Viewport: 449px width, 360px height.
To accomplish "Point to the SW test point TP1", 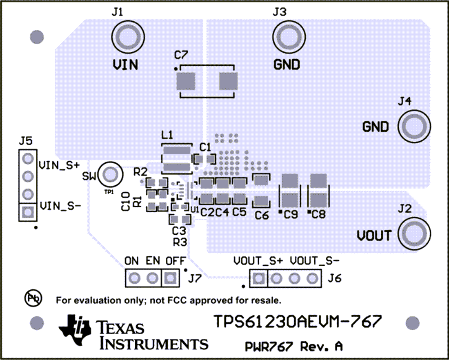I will point(109,174).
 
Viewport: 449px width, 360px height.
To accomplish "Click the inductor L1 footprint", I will point(177,158).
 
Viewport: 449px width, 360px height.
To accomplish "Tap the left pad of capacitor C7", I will point(186,82).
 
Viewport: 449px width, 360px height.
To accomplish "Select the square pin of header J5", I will point(28,212).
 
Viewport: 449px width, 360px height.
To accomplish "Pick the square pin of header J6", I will point(258,279).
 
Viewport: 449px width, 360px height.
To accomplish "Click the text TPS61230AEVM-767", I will point(298,322).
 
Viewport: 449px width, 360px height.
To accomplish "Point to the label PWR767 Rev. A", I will point(293,347).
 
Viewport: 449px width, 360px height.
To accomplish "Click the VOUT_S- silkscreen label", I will point(316,260).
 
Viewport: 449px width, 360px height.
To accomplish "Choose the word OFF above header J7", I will point(176,260).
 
